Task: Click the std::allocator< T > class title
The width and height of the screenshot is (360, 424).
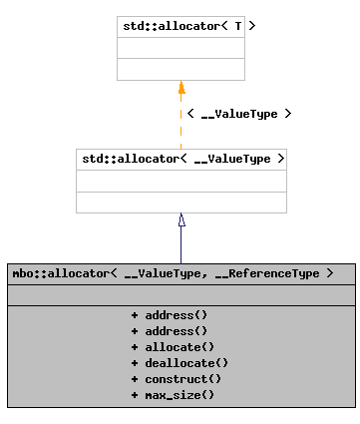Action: tap(180, 27)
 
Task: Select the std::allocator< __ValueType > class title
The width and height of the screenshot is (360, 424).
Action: tap(180, 159)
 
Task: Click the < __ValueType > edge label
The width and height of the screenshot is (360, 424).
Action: tap(239, 114)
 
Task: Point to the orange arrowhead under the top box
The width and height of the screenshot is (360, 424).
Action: tap(181, 87)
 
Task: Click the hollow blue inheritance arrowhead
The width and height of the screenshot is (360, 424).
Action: tap(181, 219)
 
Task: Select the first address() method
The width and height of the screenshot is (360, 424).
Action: tap(176, 314)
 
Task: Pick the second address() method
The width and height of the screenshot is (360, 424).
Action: tap(176, 330)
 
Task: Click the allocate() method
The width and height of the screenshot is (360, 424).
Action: tap(176, 346)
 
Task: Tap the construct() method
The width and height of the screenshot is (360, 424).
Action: tap(179, 378)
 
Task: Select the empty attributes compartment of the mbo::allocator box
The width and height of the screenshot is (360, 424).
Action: tap(180, 294)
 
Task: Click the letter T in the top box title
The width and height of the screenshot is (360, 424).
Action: tap(237, 27)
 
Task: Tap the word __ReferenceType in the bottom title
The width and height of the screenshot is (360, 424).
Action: tap(270, 272)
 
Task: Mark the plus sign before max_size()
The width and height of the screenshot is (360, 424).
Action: tap(134, 395)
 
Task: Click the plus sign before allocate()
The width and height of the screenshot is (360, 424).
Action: tap(134, 346)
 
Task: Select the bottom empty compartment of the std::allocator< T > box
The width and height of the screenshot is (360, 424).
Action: tap(180, 69)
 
